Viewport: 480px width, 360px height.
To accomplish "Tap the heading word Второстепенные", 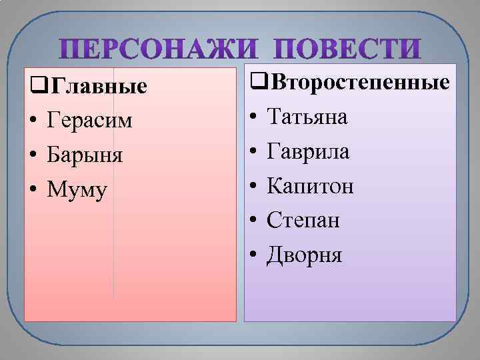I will pyautogui.click(x=359, y=84).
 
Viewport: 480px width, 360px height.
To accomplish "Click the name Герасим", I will pyautogui.click(x=90, y=121).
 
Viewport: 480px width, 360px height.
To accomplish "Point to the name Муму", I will pyautogui.click(x=77, y=190).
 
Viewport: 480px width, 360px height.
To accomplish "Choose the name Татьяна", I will pyautogui.click(x=307, y=117).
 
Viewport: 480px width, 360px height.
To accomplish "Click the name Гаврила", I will pyautogui.click(x=308, y=152).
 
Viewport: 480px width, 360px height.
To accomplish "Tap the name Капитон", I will pyautogui.click(x=311, y=186).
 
